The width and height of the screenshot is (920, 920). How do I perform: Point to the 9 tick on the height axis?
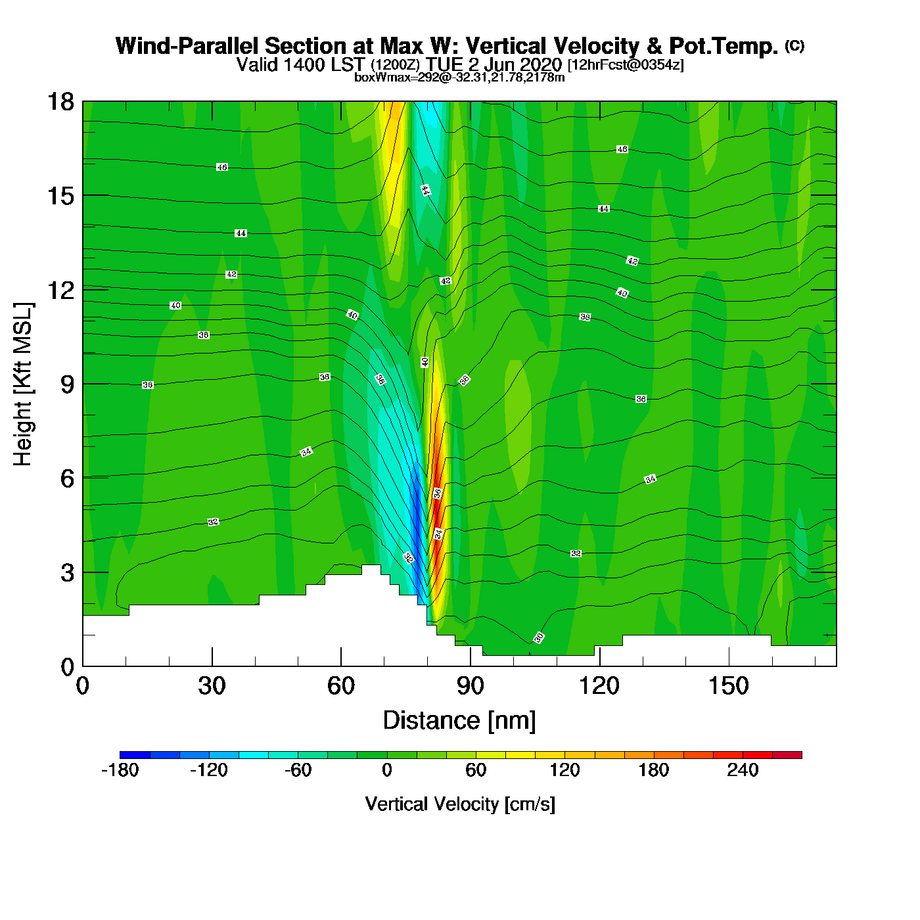tap(67, 384)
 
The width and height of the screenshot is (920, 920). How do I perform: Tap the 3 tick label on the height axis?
tap(67, 572)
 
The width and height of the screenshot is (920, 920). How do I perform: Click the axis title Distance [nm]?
tap(459, 721)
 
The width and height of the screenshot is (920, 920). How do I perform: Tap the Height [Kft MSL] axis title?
tap(23, 384)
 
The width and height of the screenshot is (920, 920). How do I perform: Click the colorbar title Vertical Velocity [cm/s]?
tap(460, 804)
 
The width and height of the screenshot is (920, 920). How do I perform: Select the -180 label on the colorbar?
tap(120, 770)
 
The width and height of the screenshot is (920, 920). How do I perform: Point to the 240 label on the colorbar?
tap(743, 770)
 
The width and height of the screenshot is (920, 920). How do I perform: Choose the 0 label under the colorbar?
tap(387, 770)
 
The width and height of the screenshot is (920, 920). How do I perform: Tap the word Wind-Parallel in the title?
tap(189, 46)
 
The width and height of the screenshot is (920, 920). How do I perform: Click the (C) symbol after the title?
tap(794, 45)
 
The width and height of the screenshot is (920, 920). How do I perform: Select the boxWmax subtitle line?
tap(459, 77)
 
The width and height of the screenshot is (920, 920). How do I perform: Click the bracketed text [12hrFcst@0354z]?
tap(626, 65)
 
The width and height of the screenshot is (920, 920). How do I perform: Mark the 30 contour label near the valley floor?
tap(539, 637)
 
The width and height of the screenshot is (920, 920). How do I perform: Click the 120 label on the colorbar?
tap(564, 770)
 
